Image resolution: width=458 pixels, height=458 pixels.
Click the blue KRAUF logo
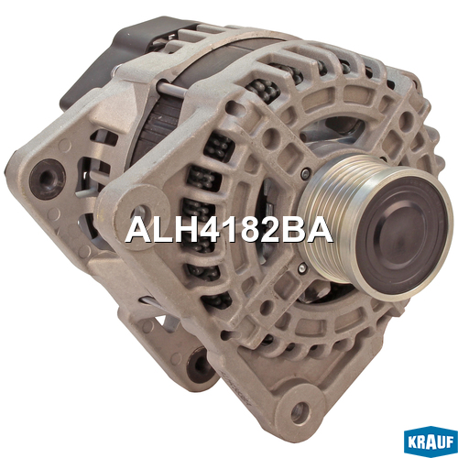[431, 442]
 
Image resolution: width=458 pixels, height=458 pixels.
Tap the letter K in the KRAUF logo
[412, 442]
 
